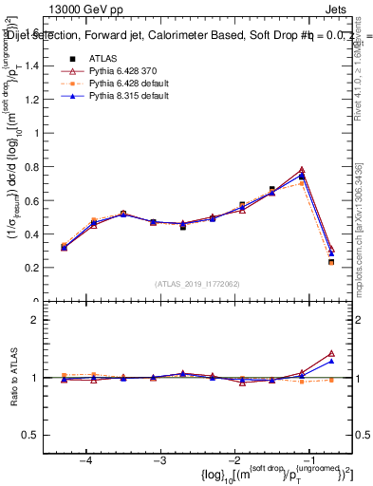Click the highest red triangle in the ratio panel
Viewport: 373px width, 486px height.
(x=331, y=353)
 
